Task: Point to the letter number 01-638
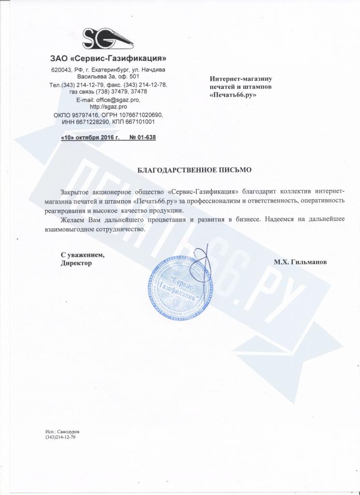tap(143, 137)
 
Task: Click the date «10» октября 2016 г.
tap(90, 137)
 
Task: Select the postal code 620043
tap(61, 70)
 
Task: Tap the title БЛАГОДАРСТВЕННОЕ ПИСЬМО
tap(195, 170)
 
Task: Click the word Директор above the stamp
tap(76, 263)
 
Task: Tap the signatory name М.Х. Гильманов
tap(300, 262)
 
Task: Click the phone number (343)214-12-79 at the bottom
tap(60, 437)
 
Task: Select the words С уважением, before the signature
tap(82, 255)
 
